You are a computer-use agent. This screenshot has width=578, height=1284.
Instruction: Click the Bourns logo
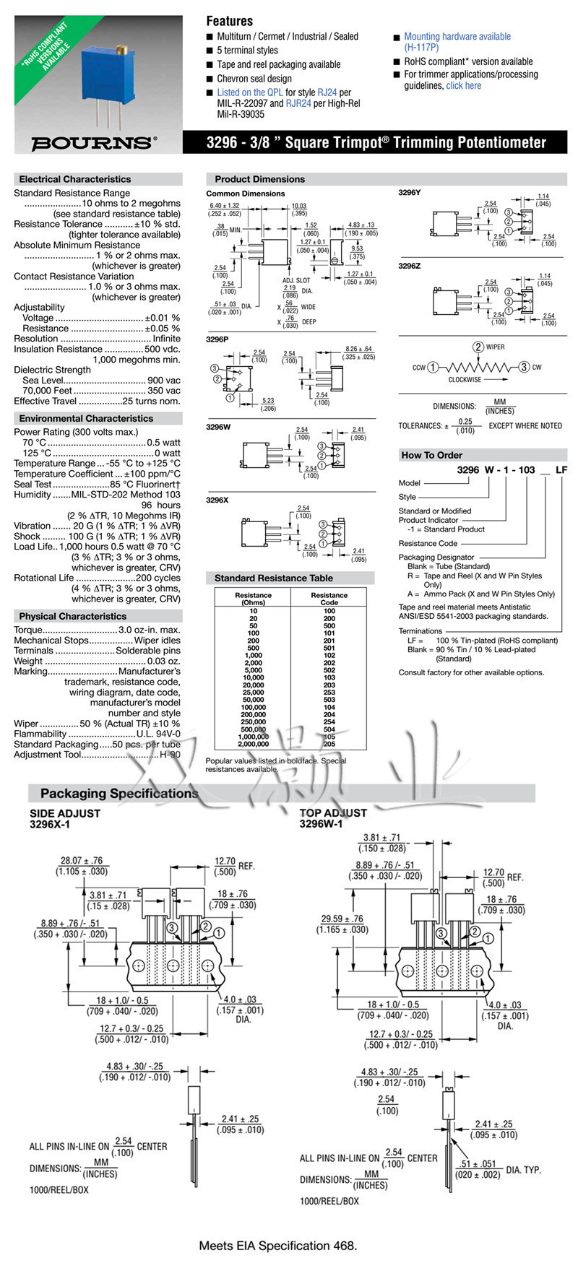click(x=93, y=142)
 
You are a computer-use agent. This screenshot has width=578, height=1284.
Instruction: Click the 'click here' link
click(x=463, y=85)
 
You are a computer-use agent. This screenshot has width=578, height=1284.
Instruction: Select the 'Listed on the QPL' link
click(x=250, y=92)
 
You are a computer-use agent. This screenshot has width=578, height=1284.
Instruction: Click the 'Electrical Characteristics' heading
click(x=75, y=179)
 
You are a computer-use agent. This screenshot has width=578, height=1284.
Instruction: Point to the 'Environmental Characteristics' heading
click(x=86, y=418)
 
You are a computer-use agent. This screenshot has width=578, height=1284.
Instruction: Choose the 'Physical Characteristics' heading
click(x=72, y=616)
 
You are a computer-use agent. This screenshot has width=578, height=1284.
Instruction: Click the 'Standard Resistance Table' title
click(x=274, y=578)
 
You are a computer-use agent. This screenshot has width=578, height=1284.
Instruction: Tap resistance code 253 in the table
click(x=329, y=692)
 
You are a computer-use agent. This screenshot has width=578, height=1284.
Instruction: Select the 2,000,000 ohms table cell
click(x=253, y=744)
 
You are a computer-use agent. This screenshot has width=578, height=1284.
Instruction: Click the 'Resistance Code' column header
click(x=329, y=599)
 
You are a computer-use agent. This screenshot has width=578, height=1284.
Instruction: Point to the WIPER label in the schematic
click(x=495, y=347)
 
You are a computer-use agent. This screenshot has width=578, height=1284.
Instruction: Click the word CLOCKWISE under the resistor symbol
click(x=465, y=379)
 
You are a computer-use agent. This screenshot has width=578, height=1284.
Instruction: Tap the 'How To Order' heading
click(x=431, y=455)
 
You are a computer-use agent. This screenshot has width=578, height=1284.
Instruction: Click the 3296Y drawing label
click(x=409, y=194)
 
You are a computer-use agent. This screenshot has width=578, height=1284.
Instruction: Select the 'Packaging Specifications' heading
click(x=119, y=793)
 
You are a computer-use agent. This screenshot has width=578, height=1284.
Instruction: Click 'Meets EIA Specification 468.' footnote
click(x=278, y=1246)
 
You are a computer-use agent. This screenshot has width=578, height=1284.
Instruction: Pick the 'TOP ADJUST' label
click(x=333, y=812)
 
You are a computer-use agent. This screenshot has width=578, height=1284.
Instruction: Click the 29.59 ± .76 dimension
click(x=343, y=919)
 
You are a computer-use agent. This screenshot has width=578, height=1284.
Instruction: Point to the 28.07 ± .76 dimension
click(x=81, y=861)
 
